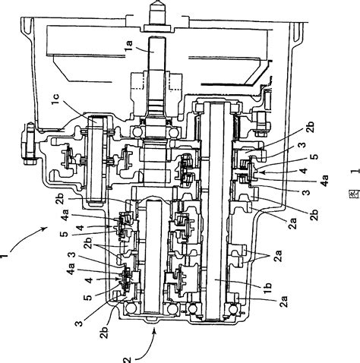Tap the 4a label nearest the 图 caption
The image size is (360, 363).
[324, 183]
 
